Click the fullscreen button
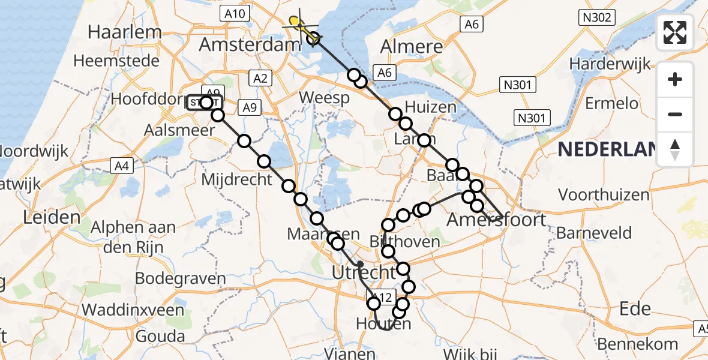(x=675, y=32)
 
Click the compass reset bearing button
(x=675, y=149)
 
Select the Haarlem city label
(x=125, y=32)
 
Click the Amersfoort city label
(x=496, y=220)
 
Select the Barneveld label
(x=594, y=233)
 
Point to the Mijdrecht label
(x=237, y=179)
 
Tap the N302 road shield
(x=596, y=18)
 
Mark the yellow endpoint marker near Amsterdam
(x=296, y=23)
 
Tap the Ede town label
(x=634, y=308)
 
